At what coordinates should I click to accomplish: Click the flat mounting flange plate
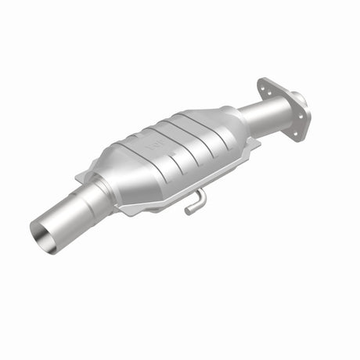tap(282, 110)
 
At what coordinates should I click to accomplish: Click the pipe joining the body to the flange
tap(252, 116)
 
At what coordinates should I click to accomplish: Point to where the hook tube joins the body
tap(200, 192)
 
